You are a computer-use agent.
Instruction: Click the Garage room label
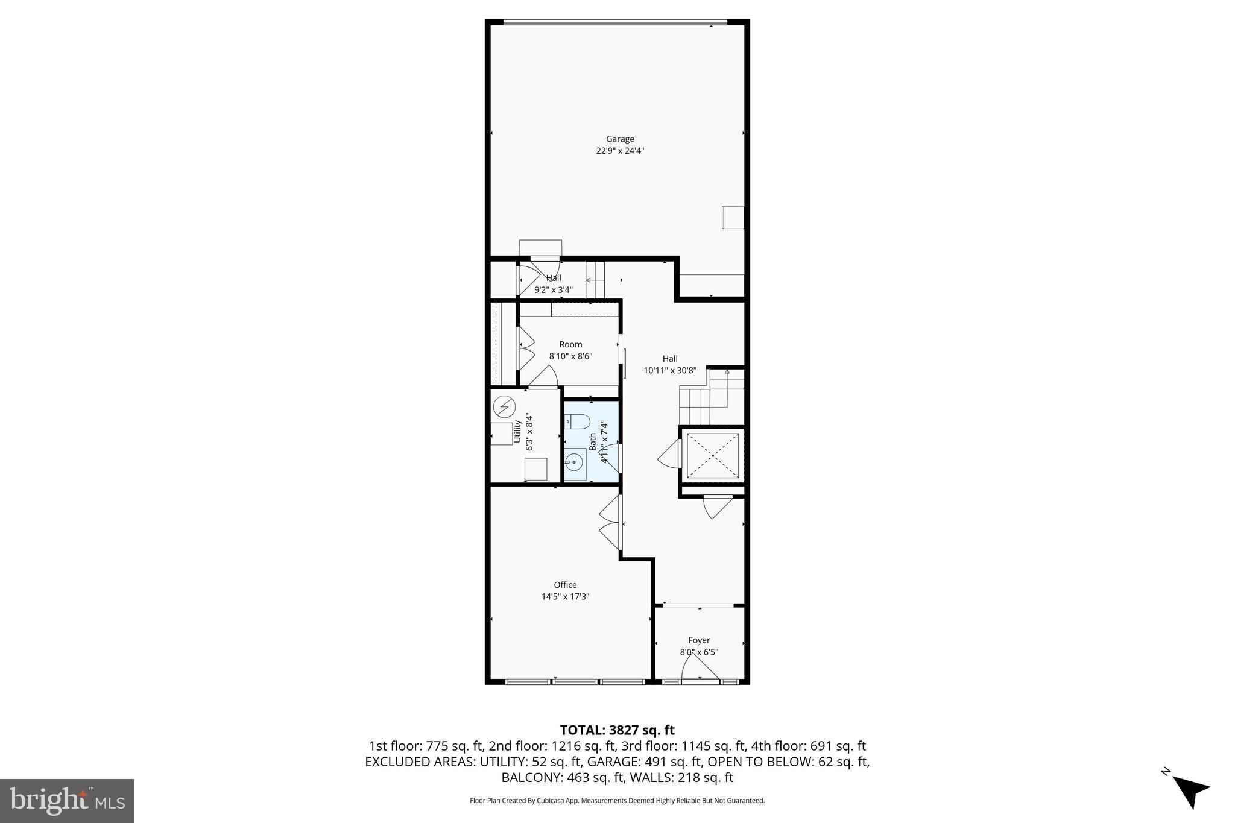pos(620,139)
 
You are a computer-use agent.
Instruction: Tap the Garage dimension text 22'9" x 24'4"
pos(620,151)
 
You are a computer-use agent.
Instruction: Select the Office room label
pos(565,585)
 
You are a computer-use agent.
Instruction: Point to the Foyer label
pos(699,640)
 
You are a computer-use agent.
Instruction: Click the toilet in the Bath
pos(578,421)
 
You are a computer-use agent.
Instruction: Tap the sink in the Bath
pos(574,463)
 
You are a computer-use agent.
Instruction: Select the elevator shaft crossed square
pos(713,455)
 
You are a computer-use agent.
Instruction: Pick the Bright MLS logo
pos(67,801)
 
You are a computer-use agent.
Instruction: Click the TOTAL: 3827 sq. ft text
pos(617,730)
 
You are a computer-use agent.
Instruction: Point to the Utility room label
pos(517,431)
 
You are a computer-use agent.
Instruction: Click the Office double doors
pos(611,522)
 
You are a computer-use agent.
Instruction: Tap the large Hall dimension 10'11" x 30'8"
pos(670,371)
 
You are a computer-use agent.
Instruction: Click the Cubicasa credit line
pos(617,801)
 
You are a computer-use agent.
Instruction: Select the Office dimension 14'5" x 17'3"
pos(565,597)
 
